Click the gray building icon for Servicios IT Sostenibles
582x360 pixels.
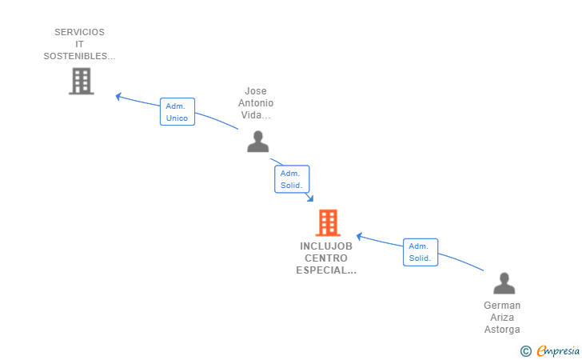pyautogui.click(x=82, y=81)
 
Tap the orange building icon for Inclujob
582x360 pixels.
pyautogui.click(x=328, y=223)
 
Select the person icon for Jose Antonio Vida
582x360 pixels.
pyautogui.click(x=258, y=142)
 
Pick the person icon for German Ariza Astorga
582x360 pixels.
pyautogui.click(x=504, y=283)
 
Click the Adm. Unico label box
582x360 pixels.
pyautogui.click(x=177, y=112)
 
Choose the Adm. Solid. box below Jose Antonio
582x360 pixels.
pyautogui.click(x=292, y=179)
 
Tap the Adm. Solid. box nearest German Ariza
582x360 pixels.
pyautogui.click(x=421, y=252)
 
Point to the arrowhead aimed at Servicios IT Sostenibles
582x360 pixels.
pyautogui.click(x=118, y=97)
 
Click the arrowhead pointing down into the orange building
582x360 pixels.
pyautogui.click(x=310, y=198)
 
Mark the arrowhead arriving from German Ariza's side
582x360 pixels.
pyautogui.click(x=359, y=236)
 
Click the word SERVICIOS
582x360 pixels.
pyautogui.click(x=79, y=32)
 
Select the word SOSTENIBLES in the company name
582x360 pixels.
pyautogui.click(x=75, y=56)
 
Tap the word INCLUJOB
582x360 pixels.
pyautogui.click(x=326, y=246)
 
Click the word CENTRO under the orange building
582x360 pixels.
pyautogui.click(x=326, y=258)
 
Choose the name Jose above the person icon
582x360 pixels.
pyautogui.click(x=256, y=91)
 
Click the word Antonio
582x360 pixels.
pyautogui.click(x=256, y=103)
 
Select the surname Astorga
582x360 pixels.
pyautogui.click(x=502, y=330)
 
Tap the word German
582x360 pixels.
pyautogui.click(x=502, y=306)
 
